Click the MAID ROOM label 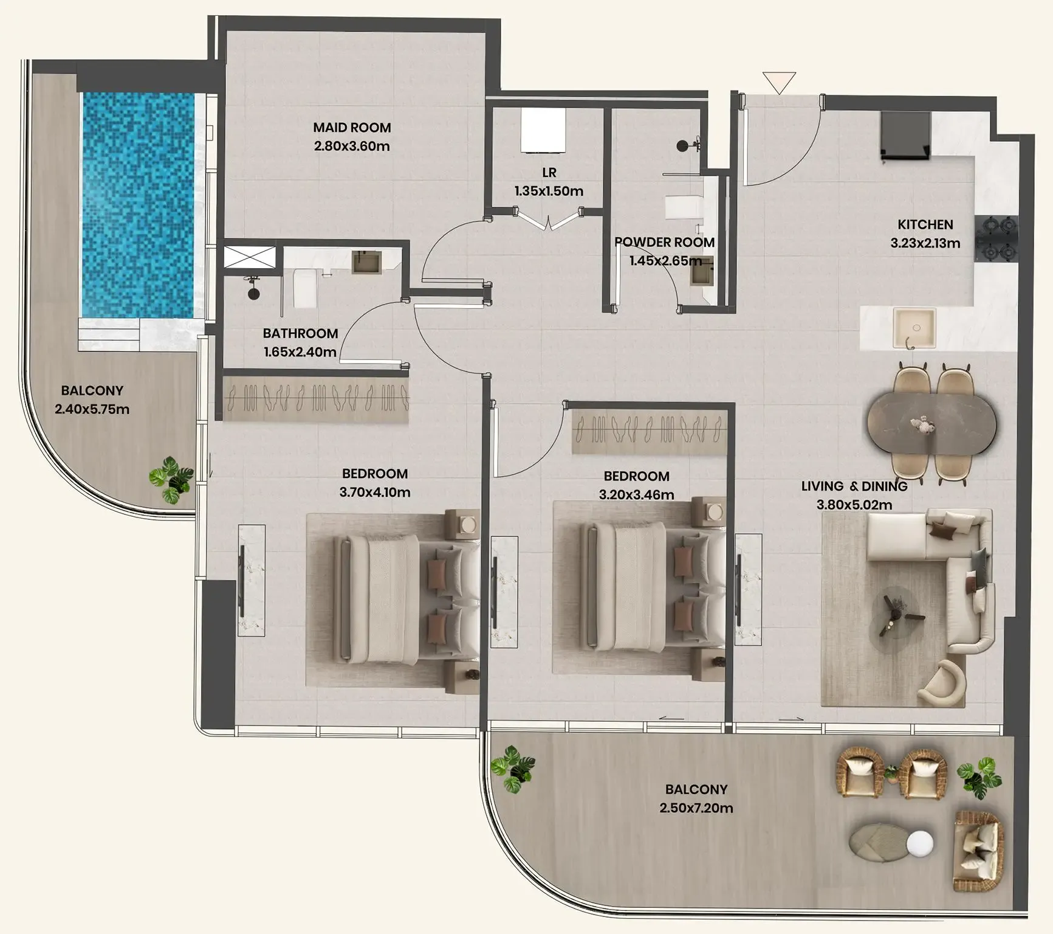(352, 128)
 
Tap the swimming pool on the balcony (138, 205)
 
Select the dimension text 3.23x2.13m (925, 243)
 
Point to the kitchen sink (914, 328)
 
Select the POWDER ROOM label (664, 242)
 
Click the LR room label (549, 173)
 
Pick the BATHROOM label (300, 333)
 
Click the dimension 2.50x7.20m (696, 808)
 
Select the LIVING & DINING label (854, 486)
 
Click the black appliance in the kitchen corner (906, 136)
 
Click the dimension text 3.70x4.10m (375, 492)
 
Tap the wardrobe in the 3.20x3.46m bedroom (649, 432)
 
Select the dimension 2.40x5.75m (92, 409)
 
